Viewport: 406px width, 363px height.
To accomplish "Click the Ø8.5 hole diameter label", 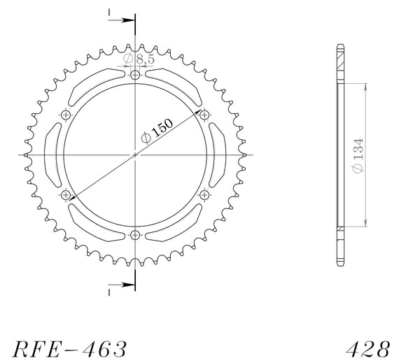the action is (139, 59).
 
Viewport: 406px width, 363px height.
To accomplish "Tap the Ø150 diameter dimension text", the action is (157, 131).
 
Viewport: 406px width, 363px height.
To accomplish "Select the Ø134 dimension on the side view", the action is (358, 156).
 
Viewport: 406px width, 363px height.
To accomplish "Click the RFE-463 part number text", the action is (70, 349).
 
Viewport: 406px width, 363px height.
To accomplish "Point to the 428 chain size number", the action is (368, 349).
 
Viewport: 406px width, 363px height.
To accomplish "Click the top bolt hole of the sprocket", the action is (135, 76).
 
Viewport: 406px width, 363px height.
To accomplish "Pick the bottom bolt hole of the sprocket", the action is (135, 235).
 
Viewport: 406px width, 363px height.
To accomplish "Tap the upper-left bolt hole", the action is (66, 115).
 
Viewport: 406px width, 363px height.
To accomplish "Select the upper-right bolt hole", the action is (204, 115).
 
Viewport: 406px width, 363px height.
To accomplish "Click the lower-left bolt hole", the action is (66, 195).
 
